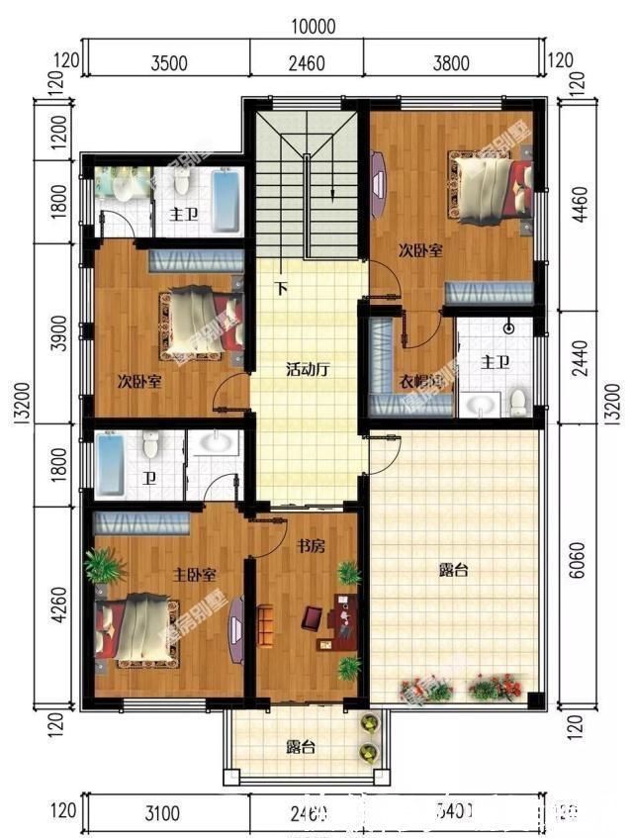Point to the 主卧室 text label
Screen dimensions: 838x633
tap(195, 575)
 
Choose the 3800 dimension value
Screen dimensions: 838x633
tap(451, 64)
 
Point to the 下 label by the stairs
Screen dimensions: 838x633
tap(282, 289)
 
